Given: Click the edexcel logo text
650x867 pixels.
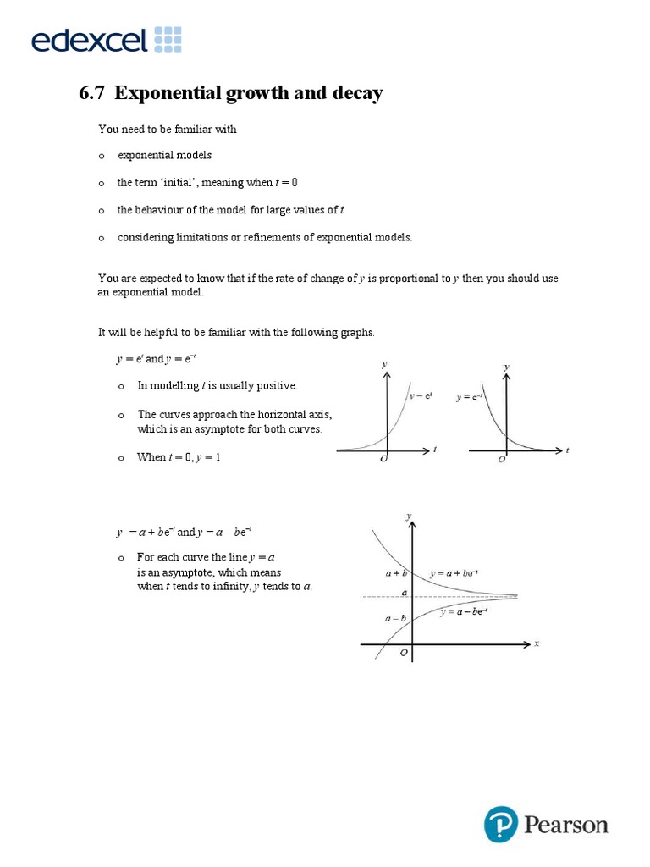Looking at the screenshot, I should (x=89, y=39).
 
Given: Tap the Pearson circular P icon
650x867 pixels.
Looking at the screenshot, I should (x=501, y=824).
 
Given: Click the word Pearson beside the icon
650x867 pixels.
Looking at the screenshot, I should (x=566, y=825).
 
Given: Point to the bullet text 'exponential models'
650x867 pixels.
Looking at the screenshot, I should (x=164, y=155).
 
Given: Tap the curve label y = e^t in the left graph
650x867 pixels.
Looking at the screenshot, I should (x=421, y=395).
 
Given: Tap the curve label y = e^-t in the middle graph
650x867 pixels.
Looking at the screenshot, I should (x=471, y=395).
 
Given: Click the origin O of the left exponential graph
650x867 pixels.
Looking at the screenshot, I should (x=384, y=459).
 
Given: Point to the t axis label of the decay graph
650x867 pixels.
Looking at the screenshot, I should (x=567, y=450).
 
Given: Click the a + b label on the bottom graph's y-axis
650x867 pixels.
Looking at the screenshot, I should (x=396, y=573).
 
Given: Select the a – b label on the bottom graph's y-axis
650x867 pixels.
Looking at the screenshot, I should (x=395, y=618).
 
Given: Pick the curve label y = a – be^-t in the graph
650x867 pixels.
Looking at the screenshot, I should (x=464, y=612).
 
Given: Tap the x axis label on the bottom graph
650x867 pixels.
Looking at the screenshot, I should (x=537, y=643).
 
